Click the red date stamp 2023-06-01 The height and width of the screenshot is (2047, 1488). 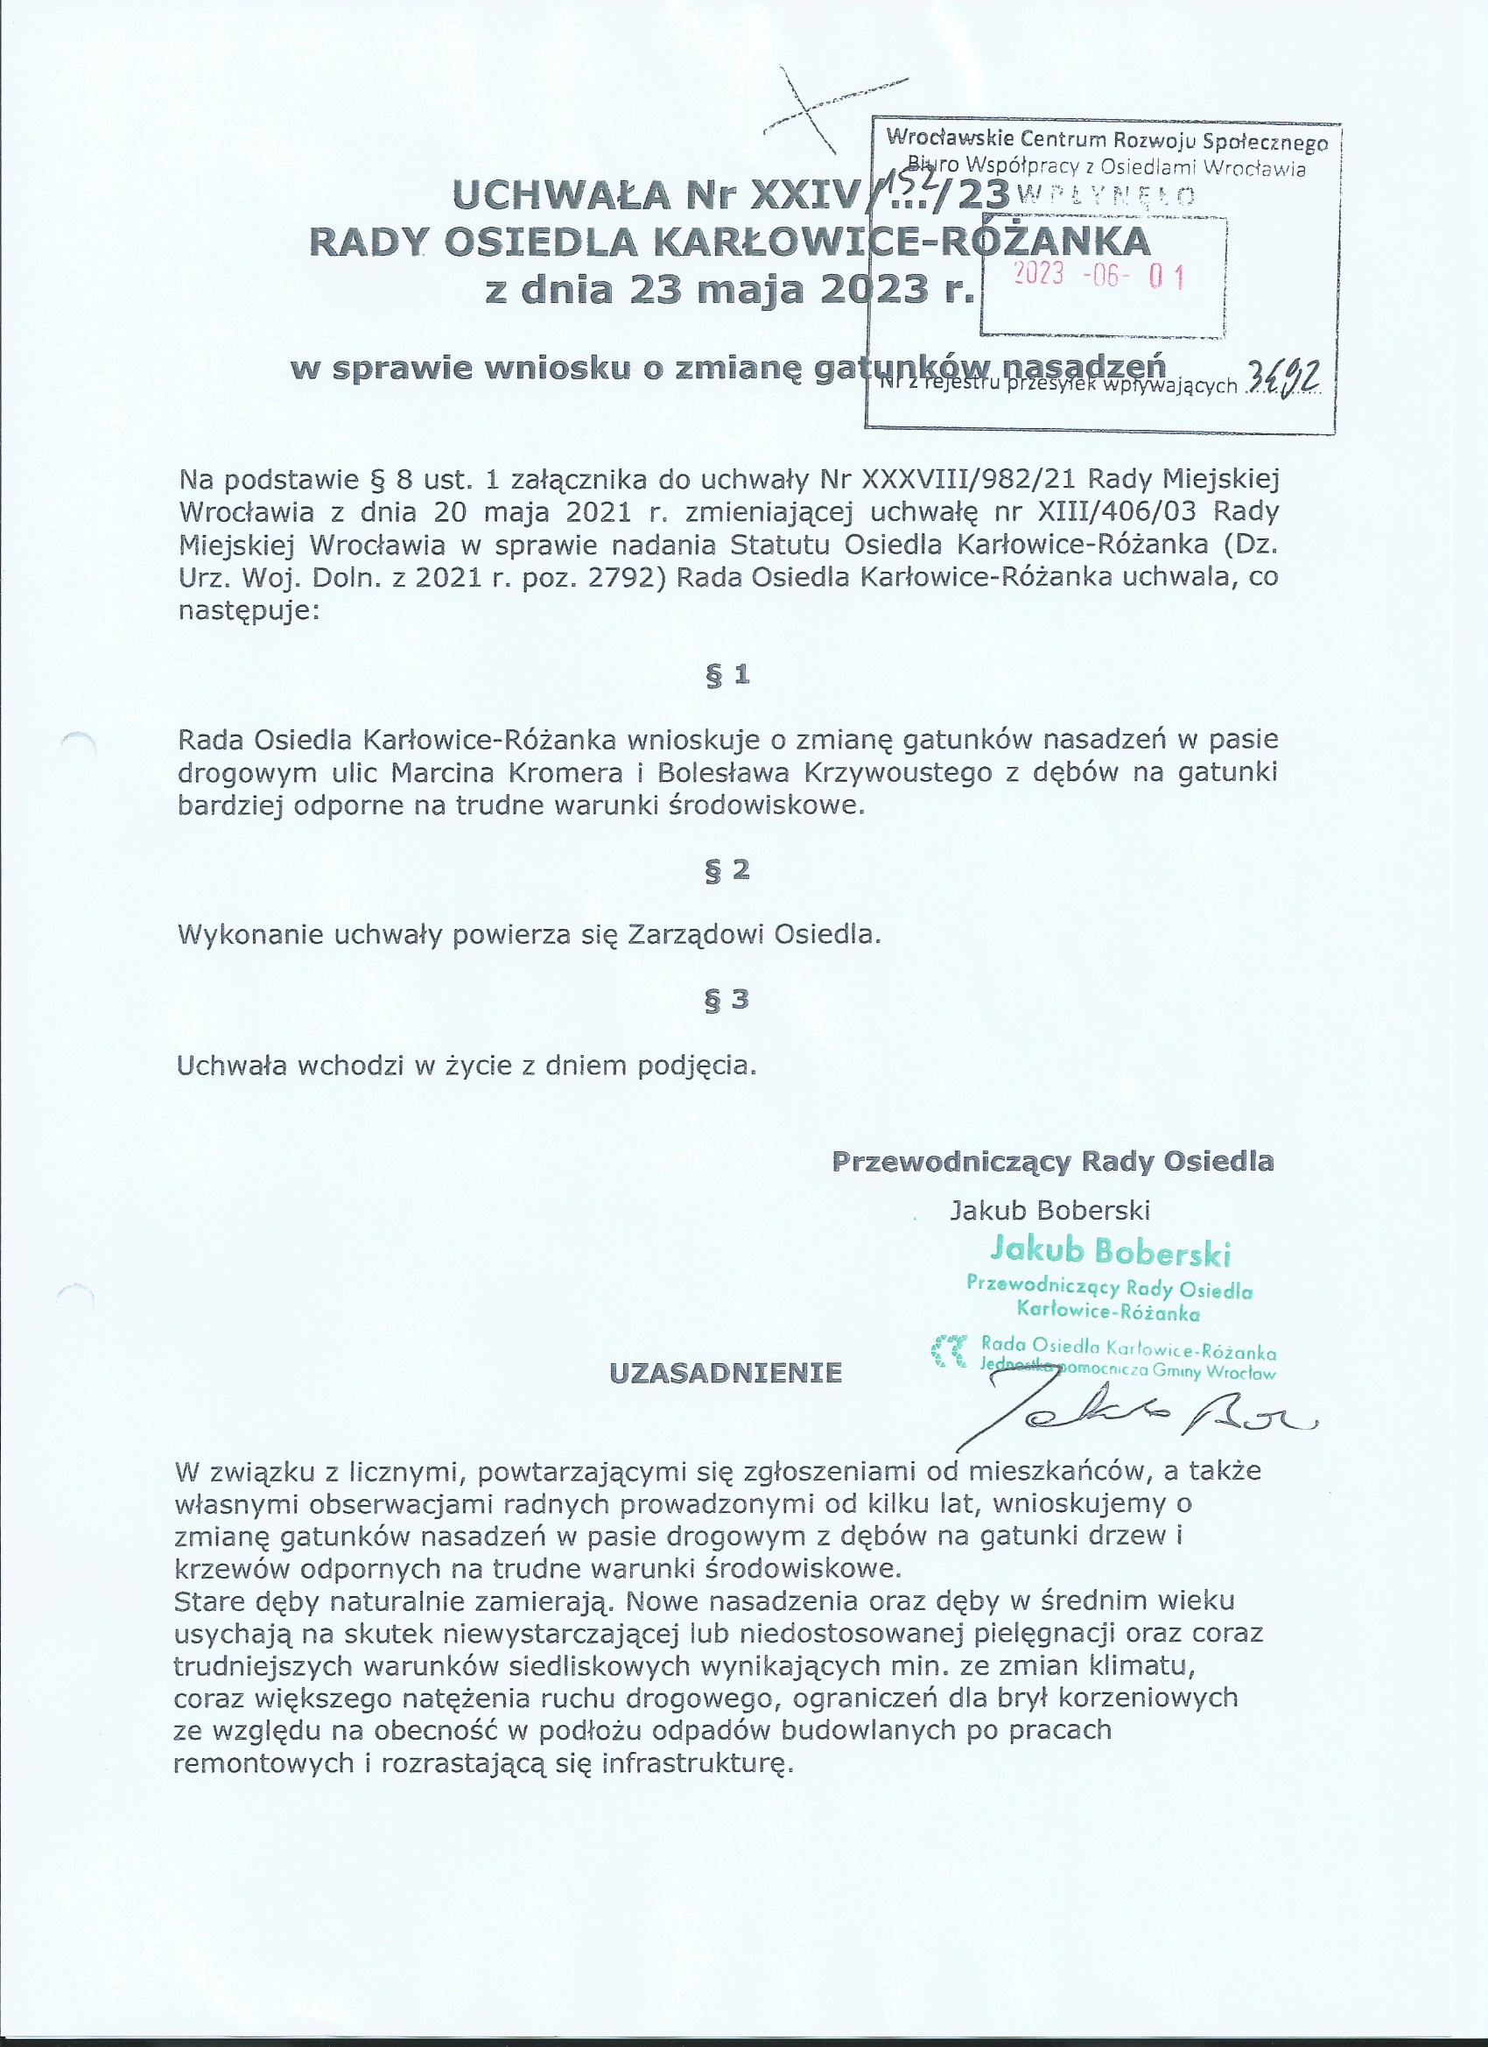[x=1099, y=274]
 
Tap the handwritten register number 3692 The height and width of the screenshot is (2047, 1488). [x=1282, y=377]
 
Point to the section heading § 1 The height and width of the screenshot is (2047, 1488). [x=727, y=674]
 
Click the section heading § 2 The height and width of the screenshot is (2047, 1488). [x=727, y=869]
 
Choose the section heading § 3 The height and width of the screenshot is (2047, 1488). [x=727, y=999]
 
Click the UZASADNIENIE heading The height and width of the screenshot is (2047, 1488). [x=726, y=1373]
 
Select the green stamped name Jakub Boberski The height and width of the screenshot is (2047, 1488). [x=1110, y=1251]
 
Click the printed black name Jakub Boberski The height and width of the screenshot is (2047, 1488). [x=1049, y=1209]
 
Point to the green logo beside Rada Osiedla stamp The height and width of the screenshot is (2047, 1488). [x=950, y=1350]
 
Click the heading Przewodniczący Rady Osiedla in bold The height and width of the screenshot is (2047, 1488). [x=1052, y=1161]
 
